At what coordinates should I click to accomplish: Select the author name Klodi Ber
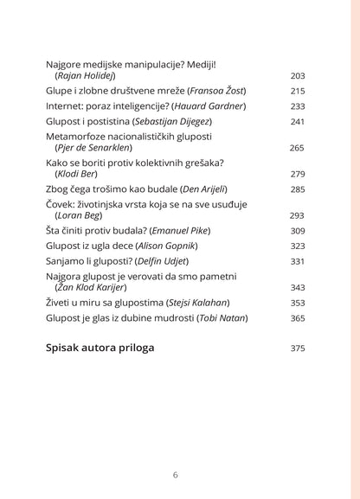coord(79,175)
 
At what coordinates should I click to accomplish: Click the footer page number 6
coord(176,475)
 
